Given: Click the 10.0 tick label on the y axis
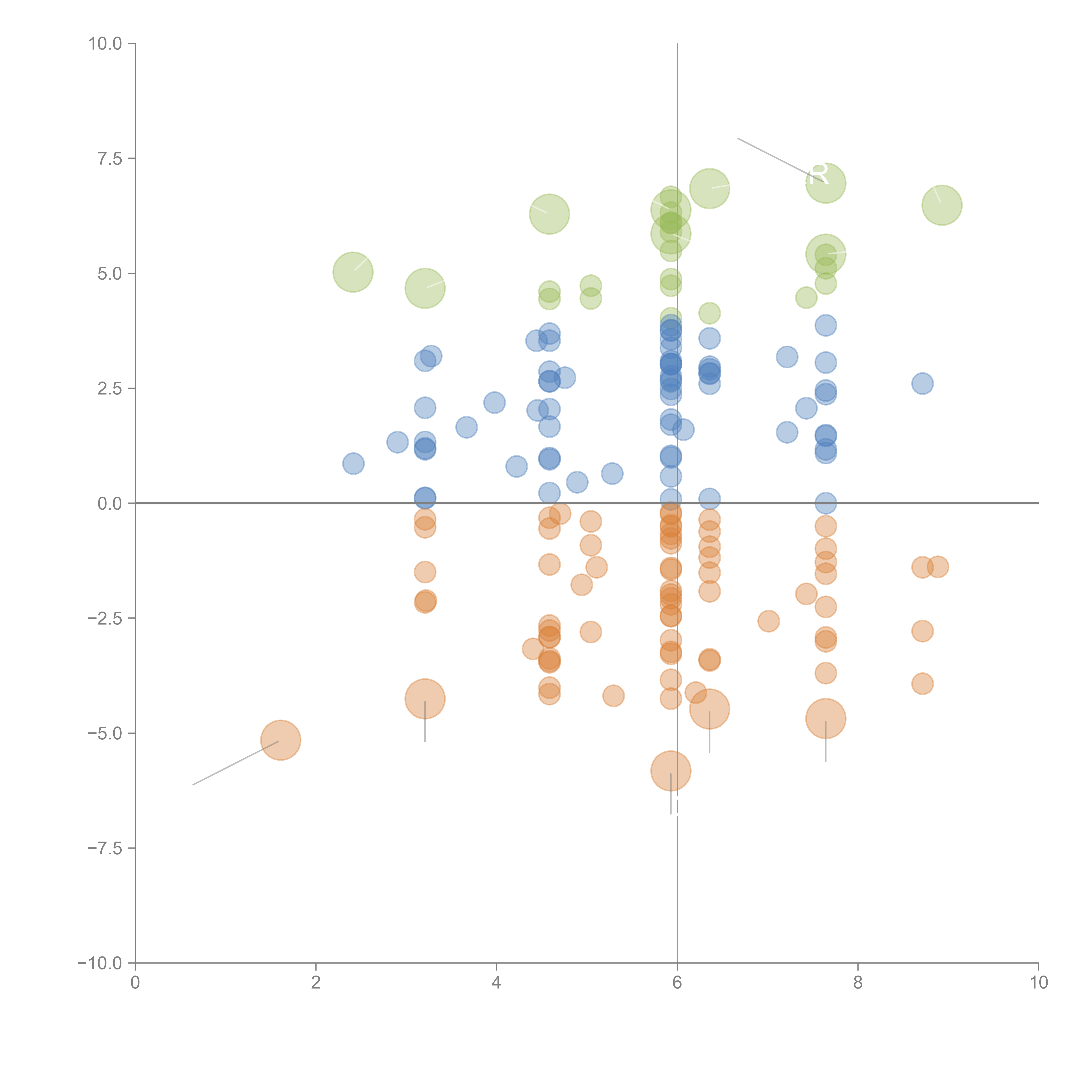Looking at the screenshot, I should click(105, 44).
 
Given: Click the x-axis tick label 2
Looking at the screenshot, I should click(316, 983).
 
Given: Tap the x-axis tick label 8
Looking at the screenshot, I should click(858, 983).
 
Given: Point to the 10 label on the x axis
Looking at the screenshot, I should click(1038, 983).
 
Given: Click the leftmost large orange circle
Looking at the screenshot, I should click(281, 740).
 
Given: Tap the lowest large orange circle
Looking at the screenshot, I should click(670, 771).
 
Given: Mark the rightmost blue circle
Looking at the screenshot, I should click(922, 384).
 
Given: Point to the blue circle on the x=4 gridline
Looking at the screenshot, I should click(494, 402).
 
